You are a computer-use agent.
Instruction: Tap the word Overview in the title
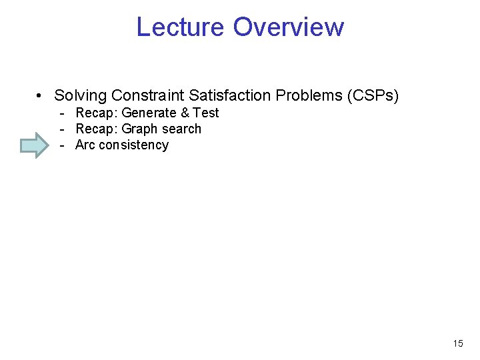(x=289, y=27)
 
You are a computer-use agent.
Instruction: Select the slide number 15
(x=457, y=344)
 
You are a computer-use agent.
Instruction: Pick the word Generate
(x=149, y=113)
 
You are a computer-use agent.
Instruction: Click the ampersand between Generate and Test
(x=185, y=113)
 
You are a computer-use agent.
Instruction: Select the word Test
(x=206, y=113)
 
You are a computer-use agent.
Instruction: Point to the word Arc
(x=85, y=145)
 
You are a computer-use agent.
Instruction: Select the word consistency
(x=133, y=145)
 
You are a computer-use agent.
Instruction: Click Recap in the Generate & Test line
(x=96, y=113)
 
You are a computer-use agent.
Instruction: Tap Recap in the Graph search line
(x=96, y=129)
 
